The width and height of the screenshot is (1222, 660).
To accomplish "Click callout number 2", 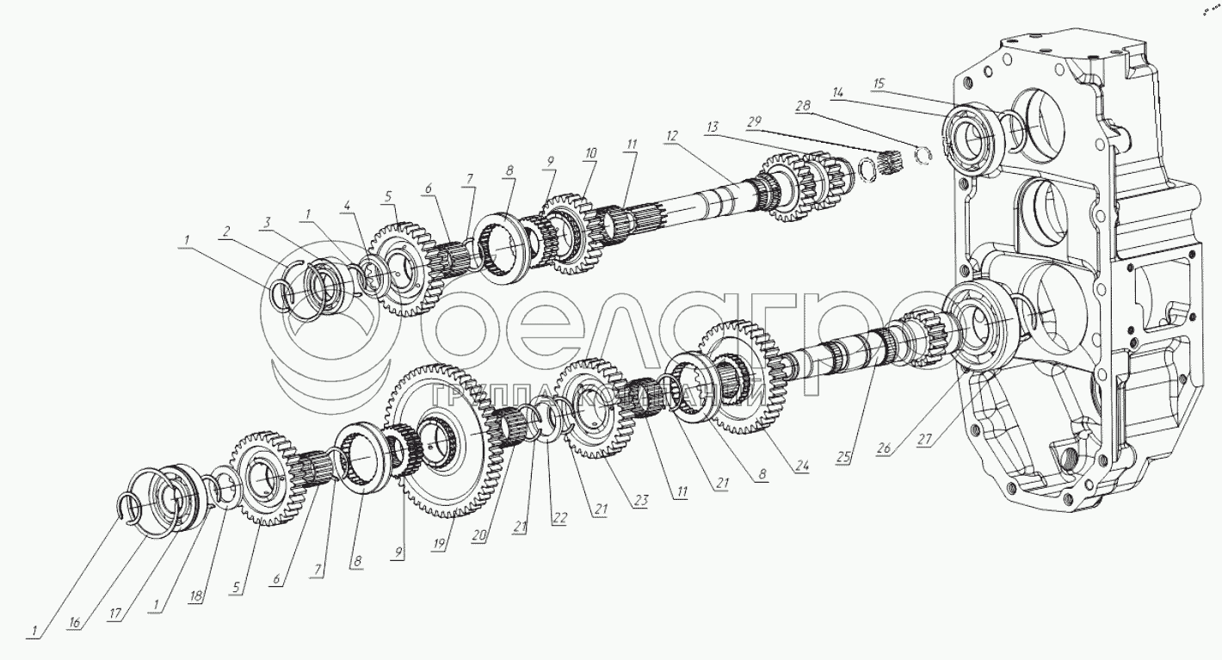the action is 225,231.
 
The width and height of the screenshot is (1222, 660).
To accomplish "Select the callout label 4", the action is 346,206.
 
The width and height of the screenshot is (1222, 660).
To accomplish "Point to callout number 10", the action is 589,152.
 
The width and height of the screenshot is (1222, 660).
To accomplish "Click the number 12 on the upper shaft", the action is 671,134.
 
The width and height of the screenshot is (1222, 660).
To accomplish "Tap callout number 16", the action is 76,623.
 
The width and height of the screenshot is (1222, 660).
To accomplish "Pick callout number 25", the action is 842,457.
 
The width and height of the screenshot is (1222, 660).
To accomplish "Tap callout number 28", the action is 802,106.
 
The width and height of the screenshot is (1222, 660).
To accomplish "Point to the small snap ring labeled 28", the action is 923,155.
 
